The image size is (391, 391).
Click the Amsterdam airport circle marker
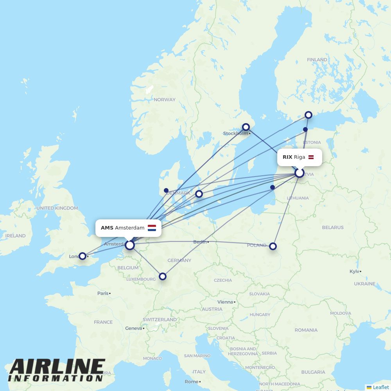point(130,245)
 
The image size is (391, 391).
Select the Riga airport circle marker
point(300,172)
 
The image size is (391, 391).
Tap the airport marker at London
point(83,256)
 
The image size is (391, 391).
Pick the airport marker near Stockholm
point(246,127)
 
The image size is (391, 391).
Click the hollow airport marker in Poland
point(273,246)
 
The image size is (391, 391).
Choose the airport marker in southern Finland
point(308,115)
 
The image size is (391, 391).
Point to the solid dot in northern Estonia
point(305,129)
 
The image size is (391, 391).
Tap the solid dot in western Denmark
point(166,190)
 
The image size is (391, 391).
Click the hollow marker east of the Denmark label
point(199,194)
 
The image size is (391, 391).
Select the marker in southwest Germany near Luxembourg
point(163,276)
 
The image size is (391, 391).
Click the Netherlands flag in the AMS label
point(152,228)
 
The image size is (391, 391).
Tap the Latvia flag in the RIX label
point(311,157)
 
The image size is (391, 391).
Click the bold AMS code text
point(107,228)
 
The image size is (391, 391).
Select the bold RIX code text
point(287,157)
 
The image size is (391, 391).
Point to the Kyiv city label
point(355,271)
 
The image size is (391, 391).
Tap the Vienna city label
point(225,302)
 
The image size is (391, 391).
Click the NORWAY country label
point(165,100)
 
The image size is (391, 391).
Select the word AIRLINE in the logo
point(57,368)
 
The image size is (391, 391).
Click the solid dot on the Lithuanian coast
point(273,187)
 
